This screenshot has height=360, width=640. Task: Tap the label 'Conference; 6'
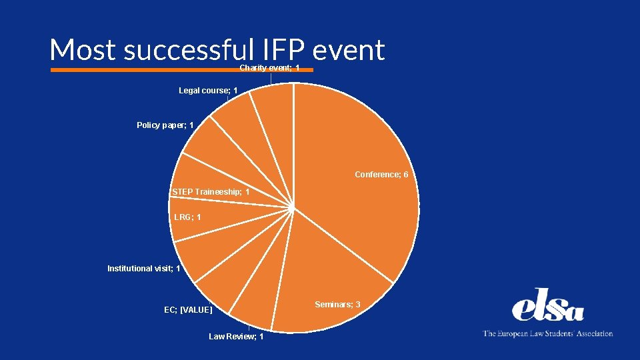coord(381,175)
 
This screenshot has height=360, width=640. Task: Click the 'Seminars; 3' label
coord(337,305)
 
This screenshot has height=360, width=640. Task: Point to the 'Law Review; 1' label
coord(236,337)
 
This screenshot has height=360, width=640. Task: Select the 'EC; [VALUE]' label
coord(188,310)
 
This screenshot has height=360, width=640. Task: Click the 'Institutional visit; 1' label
coord(143,269)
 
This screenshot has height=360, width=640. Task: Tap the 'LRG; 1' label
coord(187,217)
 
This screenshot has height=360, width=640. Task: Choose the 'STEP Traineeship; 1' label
coord(211,192)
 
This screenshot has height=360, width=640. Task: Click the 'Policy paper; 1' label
coord(165,125)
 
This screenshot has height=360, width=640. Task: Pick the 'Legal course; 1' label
coord(208,91)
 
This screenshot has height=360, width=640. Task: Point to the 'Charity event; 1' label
coord(269,68)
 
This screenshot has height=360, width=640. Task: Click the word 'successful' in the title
coord(189,50)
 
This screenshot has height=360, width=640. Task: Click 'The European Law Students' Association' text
coord(547,333)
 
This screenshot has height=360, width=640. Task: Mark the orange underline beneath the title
coord(147,69)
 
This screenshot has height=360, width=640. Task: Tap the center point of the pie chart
coord(293,208)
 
